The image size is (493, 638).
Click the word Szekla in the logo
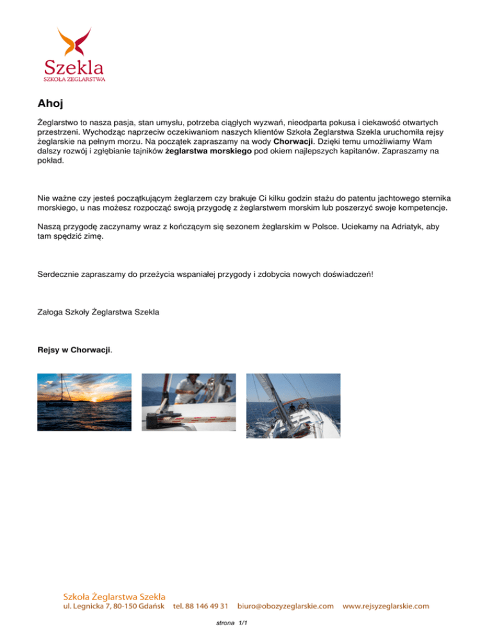coord(74,66)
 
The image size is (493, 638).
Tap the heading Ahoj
coord(51,102)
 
